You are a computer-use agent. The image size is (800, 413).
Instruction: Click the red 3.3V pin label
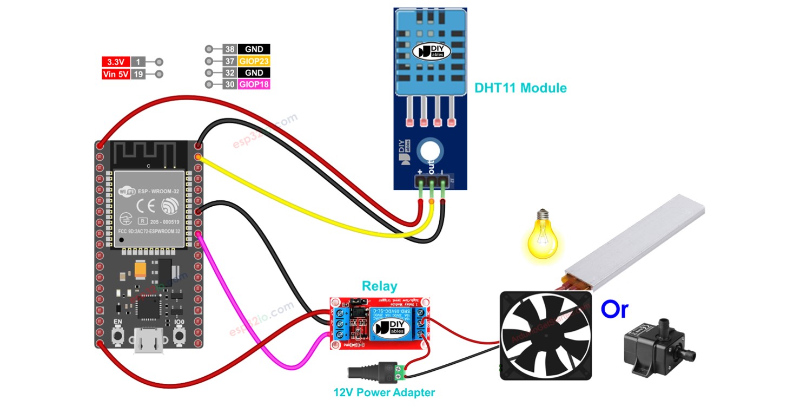(116, 62)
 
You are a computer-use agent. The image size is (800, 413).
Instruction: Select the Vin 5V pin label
(116, 74)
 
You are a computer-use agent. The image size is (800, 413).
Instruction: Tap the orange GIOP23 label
(254, 61)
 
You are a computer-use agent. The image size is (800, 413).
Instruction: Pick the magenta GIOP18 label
(254, 84)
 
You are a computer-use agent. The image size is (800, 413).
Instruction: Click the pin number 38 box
(229, 49)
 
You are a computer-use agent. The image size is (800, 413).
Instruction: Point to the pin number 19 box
(138, 74)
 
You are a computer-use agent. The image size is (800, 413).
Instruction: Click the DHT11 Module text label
(520, 88)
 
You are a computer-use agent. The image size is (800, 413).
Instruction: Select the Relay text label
(379, 286)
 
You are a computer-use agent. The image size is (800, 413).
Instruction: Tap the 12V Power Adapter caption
(384, 392)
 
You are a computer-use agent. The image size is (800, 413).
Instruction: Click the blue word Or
(614, 309)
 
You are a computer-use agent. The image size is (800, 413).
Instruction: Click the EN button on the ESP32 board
(117, 337)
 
